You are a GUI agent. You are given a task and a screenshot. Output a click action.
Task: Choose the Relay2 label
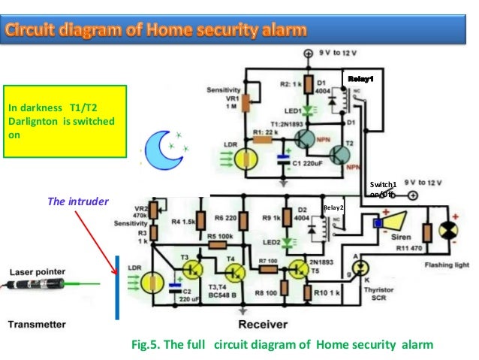point(333,207)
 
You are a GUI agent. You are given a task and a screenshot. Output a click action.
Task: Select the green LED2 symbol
point(289,242)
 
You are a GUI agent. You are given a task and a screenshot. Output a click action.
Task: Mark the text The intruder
point(78,201)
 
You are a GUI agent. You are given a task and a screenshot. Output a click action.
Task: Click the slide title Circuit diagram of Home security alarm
point(157,31)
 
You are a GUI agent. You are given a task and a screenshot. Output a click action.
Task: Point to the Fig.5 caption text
point(282,345)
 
